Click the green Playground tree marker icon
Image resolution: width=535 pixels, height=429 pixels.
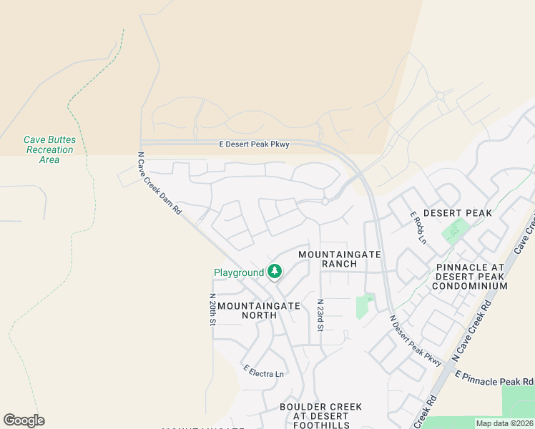pyautogui.click(x=274, y=272)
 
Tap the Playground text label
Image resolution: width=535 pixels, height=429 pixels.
pyautogui.click(x=239, y=272)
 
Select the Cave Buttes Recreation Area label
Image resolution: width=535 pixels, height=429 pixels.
pyautogui.click(x=49, y=150)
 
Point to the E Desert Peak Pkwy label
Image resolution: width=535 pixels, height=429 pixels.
pyautogui.click(x=254, y=144)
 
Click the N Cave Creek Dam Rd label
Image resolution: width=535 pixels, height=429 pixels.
pyautogui.click(x=159, y=184)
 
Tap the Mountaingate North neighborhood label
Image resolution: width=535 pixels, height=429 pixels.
pyautogui.click(x=258, y=310)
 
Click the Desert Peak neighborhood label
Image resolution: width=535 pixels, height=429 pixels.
pyautogui.click(x=458, y=213)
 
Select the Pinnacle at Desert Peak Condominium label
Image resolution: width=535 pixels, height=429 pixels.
pyautogui.click(x=471, y=277)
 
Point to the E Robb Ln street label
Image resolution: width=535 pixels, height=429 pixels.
pyautogui.click(x=418, y=227)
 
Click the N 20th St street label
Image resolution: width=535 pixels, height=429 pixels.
pyautogui.click(x=212, y=310)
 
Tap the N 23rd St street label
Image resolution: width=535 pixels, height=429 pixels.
pyautogui.click(x=320, y=315)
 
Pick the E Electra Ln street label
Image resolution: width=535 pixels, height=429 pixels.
pyautogui.click(x=263, y=372)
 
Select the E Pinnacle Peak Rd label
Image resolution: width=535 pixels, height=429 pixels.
pyautogui.click(x=494, y=378)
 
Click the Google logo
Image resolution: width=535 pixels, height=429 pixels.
pyautogui.click(x=24, y=420)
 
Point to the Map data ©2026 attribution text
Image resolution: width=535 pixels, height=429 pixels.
pyautogui.click(x=504, y=423)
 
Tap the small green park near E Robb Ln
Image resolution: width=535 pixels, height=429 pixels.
pyautogui.click(x=453, y=230)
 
